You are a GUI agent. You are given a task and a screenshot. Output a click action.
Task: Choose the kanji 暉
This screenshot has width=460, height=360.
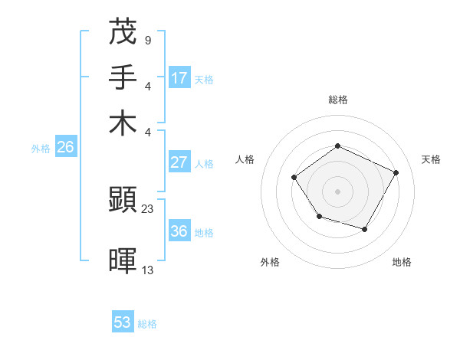(x=123, y=260)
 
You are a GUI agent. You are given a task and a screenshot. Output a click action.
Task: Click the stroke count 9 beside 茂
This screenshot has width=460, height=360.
(x=147, y=40)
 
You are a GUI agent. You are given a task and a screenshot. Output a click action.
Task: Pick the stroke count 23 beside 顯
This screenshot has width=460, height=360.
(x=147, y=208)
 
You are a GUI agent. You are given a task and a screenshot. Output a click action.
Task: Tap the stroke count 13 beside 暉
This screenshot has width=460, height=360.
(x=147, y=269)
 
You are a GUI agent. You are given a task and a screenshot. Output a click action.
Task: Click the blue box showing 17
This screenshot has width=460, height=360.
(x=179, y=78)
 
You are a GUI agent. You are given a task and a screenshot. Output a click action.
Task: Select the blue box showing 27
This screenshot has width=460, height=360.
(x=179, y=162)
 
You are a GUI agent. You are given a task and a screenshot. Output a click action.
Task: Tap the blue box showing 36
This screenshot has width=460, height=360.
(x=179, y=231)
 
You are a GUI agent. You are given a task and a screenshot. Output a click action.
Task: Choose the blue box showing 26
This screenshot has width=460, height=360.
(x=65, y=148)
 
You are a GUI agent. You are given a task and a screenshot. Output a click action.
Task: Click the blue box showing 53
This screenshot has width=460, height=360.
(x=123, y=322)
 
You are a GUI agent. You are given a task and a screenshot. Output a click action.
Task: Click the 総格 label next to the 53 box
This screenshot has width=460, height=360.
(x=147, y=324)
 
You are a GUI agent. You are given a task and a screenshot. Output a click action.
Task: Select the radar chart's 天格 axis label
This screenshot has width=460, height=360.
(x=431, y=159)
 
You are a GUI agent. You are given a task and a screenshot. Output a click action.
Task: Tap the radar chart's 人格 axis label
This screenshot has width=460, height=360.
(x=245, y=159)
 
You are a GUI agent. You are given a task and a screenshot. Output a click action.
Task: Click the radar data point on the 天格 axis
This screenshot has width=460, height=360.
(x=396, y=172)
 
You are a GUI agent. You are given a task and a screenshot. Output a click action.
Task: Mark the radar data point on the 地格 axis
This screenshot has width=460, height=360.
(x=365, y=230)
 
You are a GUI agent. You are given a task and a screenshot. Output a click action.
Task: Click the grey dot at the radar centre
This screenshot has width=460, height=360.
(x=337, y=191)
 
